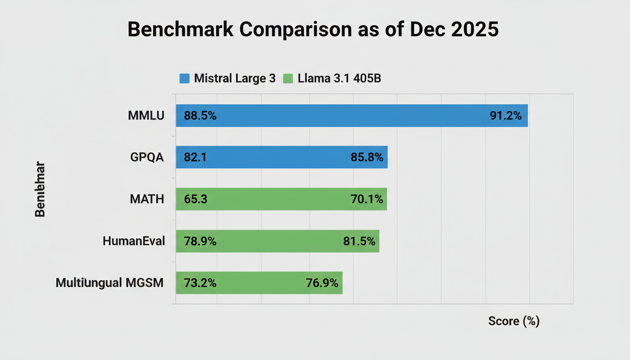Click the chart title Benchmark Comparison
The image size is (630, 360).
(x=313, y=29)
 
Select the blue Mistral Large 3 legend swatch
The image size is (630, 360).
(x=185, y=78)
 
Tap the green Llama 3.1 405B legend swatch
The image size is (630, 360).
(x=288, y=78)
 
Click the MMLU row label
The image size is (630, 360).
(x=146, y=115)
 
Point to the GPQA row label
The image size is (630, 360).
(x=147, y=157)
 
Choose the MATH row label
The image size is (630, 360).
(x=147, y=199)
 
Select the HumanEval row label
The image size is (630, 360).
(x=134, y=241)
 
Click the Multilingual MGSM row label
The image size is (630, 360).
(x=110, y=283)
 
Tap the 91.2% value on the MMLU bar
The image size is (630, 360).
(x=505, y=115)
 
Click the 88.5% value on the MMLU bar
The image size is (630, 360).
(x=200, y=115)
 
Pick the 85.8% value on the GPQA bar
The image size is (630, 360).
(x=367, y=157)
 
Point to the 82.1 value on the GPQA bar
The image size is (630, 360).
(x=195, y=157)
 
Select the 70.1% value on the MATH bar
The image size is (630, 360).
(x=367, y=199)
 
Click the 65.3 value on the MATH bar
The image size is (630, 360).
(x=195, y=199)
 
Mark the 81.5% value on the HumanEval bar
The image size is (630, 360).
(x=359, y=241)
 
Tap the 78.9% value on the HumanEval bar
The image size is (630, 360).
(x=200, y=241)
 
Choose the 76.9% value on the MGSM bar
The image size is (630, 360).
(x=322, y=283)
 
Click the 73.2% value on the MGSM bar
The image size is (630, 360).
(x=200, y=283)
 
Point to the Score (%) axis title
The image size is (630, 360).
(x=514, y=321)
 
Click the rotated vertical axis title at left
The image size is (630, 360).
(x=40, y=189)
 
